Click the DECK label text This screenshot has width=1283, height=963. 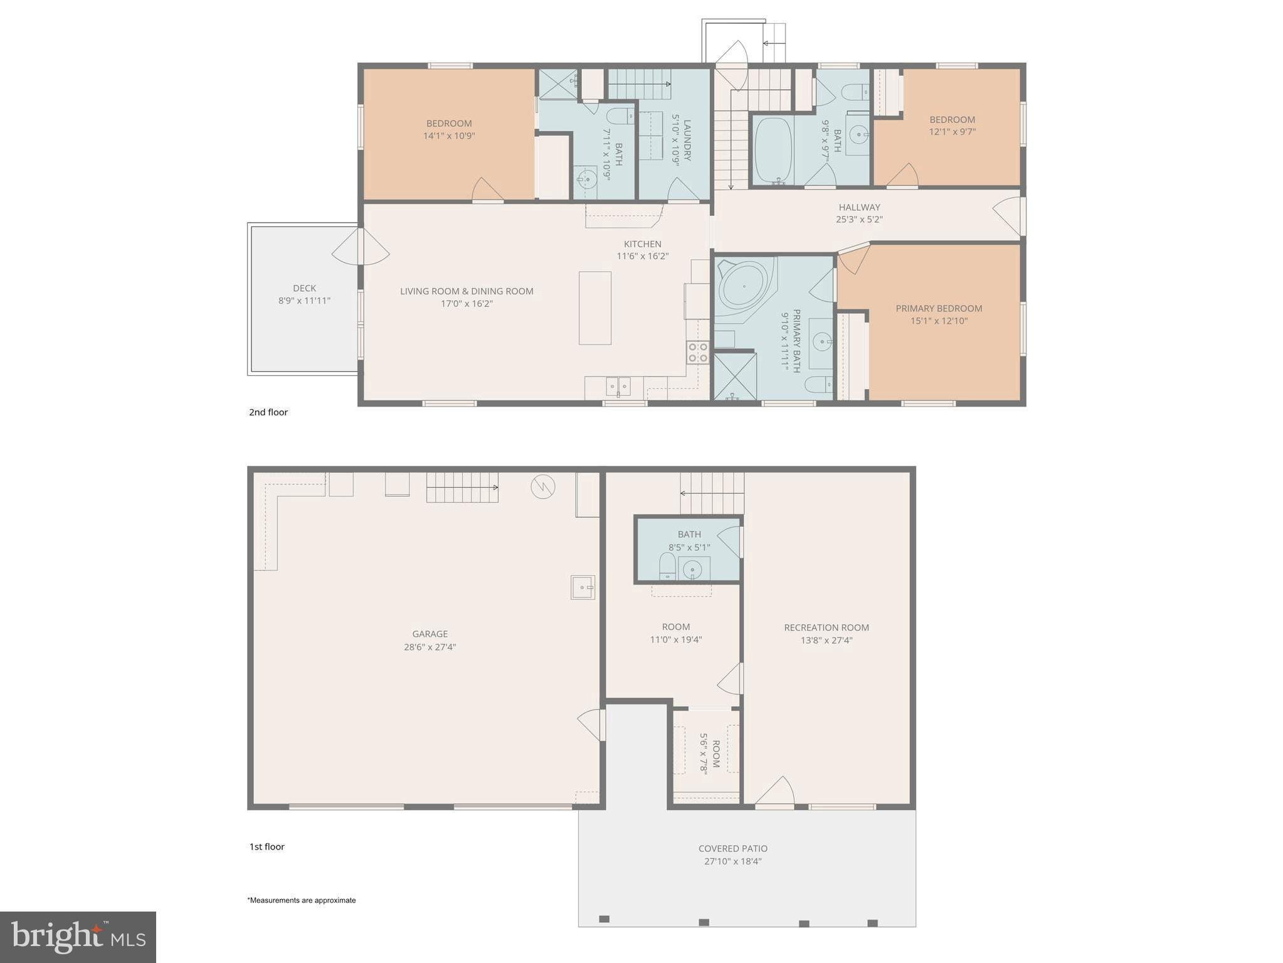point(304,288)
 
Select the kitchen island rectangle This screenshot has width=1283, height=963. point(594,308)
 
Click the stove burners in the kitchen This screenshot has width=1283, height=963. point(697,353)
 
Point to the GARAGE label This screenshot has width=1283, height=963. point(430,634)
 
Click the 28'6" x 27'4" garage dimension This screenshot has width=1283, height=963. point(430,647)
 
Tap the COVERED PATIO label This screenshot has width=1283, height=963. point(732,848)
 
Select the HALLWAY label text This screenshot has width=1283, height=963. point(859,207)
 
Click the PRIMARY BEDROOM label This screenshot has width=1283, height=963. point(938,308)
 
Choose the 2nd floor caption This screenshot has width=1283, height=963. point(268,412)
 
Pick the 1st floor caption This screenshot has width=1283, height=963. point(267,846)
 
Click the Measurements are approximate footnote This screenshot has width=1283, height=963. point(302,900)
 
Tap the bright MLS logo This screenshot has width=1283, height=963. point(78,937)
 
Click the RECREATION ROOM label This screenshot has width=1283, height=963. point(826,627)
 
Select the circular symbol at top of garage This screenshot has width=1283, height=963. point(542,486)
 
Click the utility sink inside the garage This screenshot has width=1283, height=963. point(582,587)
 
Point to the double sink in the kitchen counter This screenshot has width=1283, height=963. point(618,386)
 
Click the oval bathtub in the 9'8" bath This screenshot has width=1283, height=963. point(772,150)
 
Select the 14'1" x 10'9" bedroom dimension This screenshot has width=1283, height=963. point(449,136)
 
